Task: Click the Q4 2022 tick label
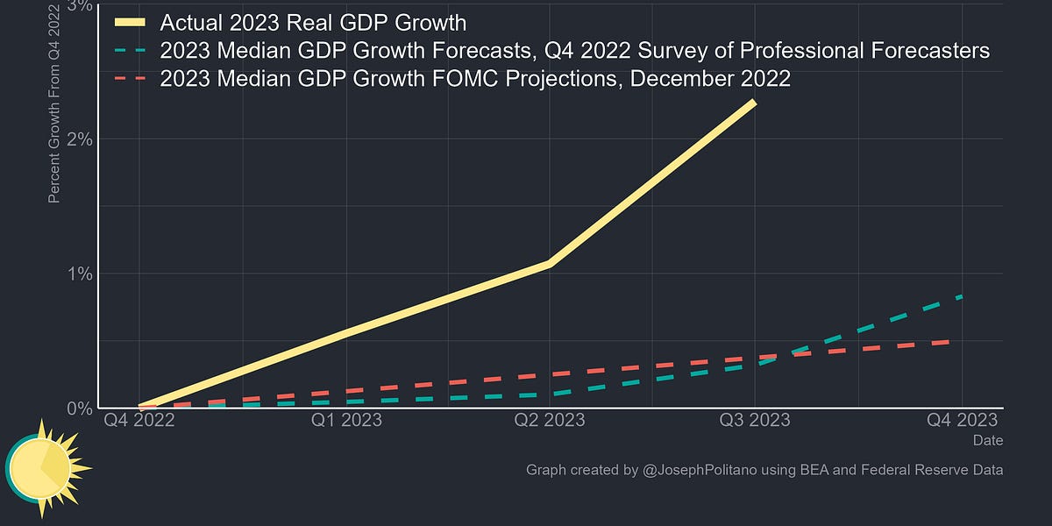tap(139, 420)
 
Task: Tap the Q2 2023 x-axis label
tap(550, 420)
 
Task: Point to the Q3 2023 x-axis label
tap(754, 420)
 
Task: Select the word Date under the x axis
tap(988, 440)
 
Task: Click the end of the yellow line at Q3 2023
tap(753, 103)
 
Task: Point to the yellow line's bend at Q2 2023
tap(549, 263)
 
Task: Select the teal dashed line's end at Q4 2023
tap(961, 297)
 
